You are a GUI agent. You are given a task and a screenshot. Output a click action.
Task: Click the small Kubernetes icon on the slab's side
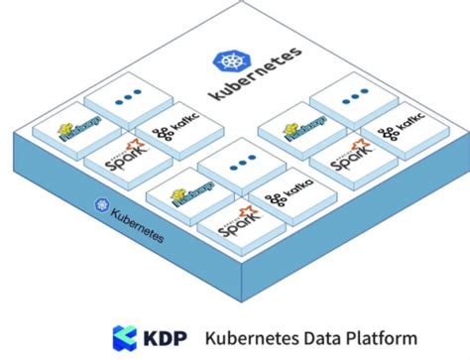(x=101, y=204)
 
